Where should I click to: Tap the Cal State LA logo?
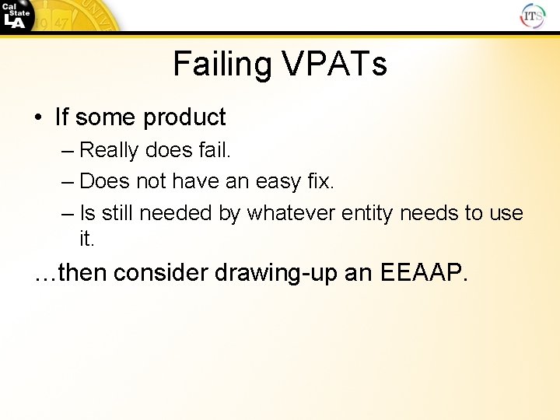coord(16,15)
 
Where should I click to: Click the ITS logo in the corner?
coord(532,15)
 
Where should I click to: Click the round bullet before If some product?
coord(38,118)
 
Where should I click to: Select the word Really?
coord(109,149)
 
